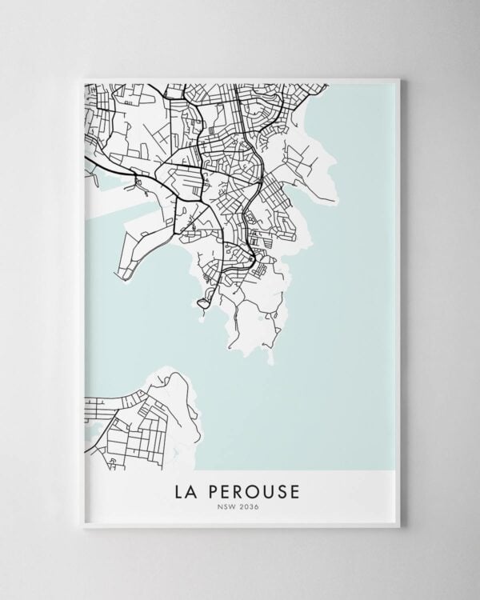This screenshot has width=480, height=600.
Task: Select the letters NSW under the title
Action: [x=229, y=506]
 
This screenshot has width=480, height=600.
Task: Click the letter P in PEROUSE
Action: [x=210, y=488]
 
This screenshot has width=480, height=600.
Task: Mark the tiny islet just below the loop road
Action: [x=202, y=314]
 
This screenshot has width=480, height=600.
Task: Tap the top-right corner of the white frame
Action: [x=398, y=79]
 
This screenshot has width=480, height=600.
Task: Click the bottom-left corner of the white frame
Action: [x=82, y=526]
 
